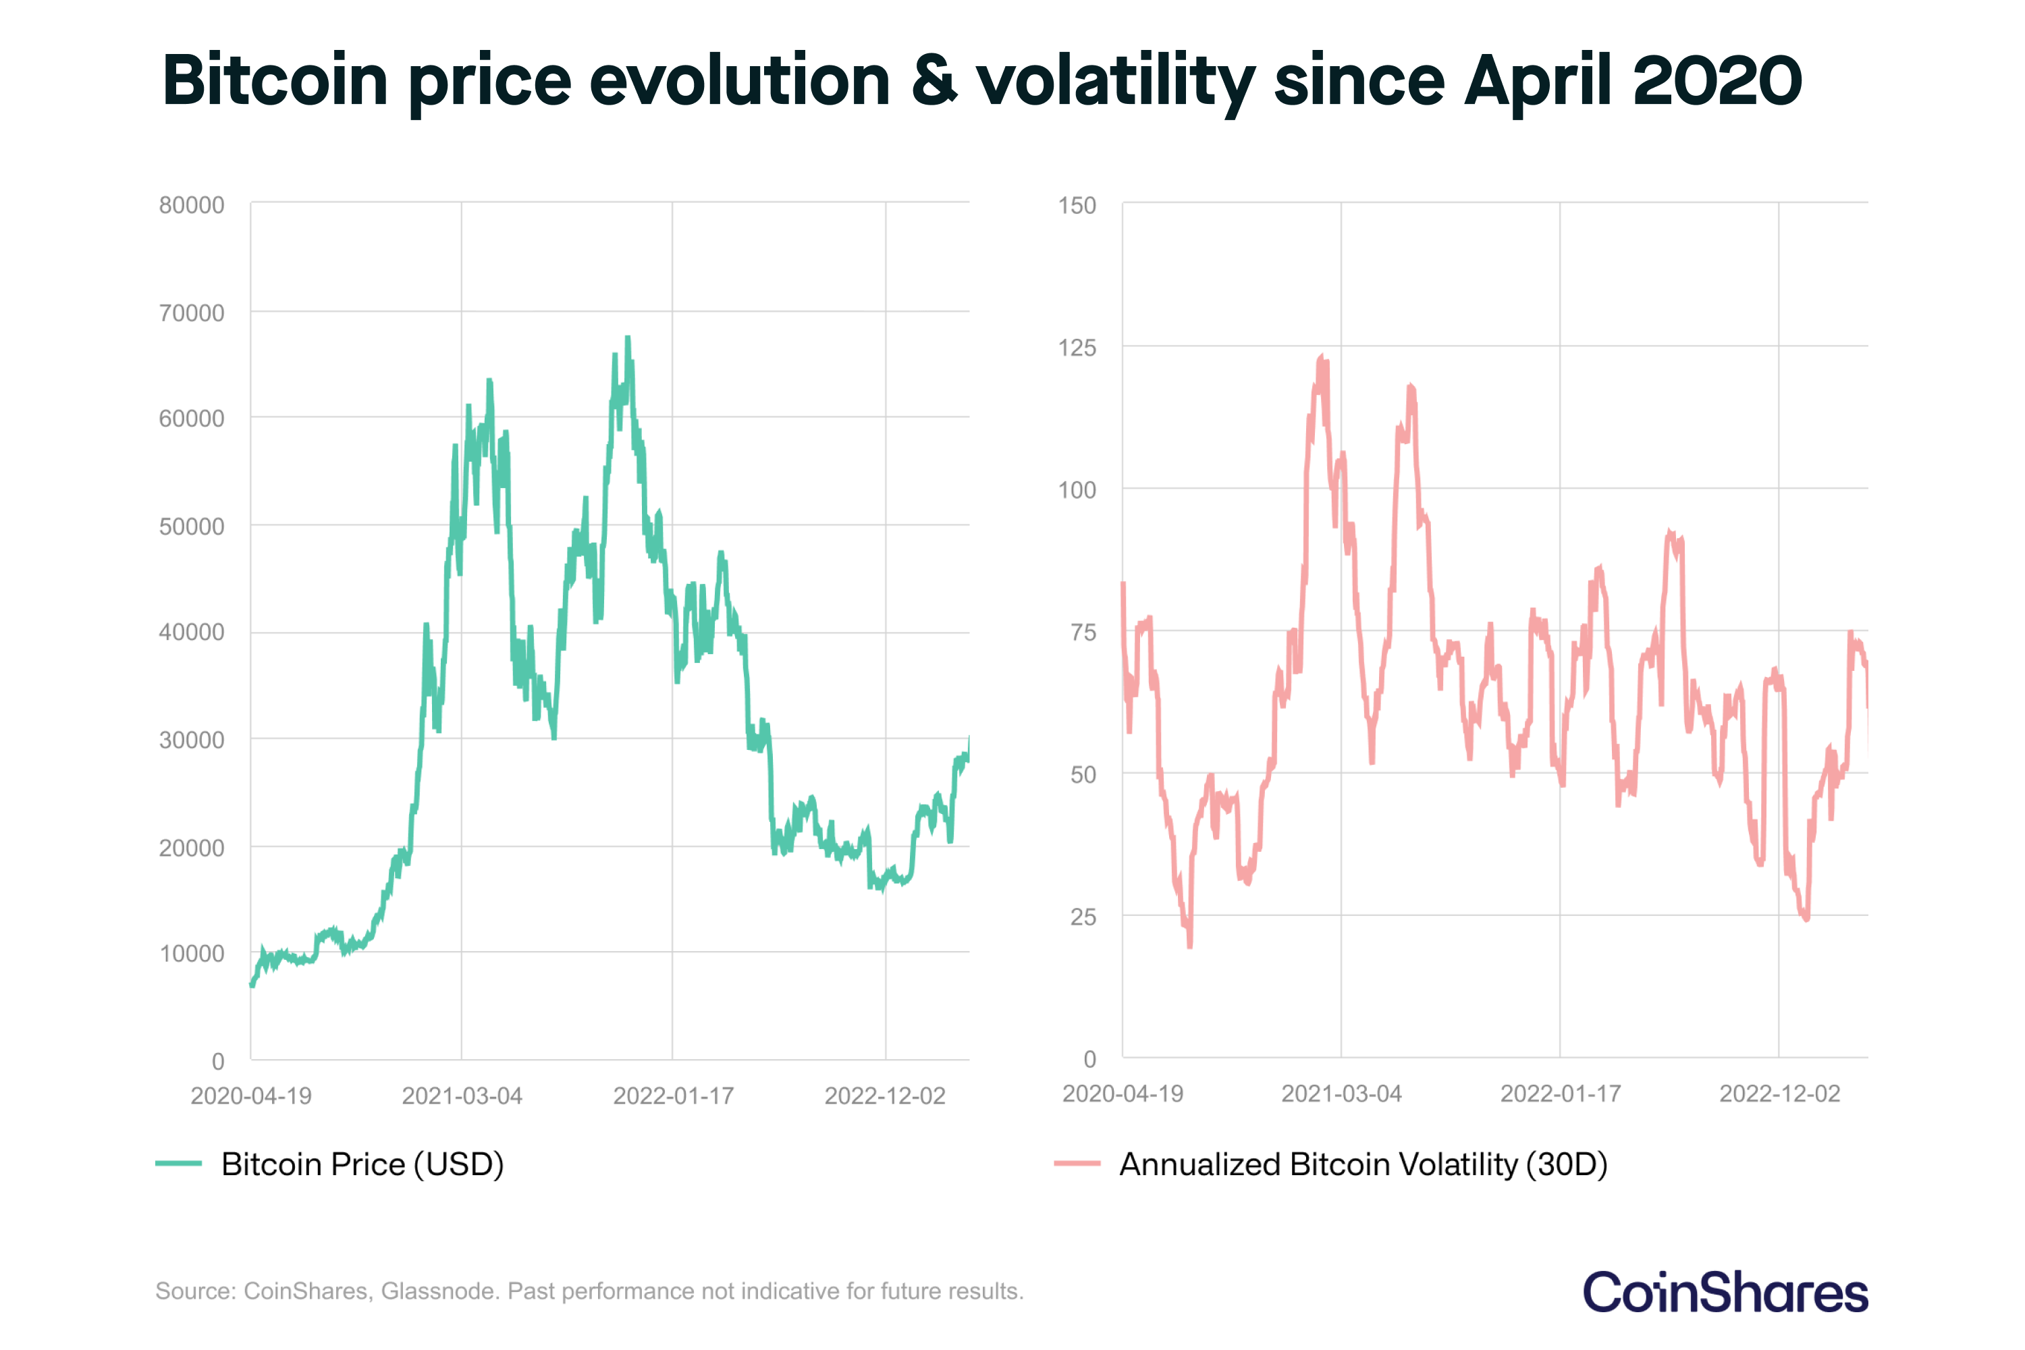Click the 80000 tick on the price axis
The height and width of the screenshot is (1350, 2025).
point(191,205)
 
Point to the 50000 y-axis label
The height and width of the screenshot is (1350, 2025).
point(191,526)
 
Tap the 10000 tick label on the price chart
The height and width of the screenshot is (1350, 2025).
point(191,953)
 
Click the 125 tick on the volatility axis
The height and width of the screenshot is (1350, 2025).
point(1077,348)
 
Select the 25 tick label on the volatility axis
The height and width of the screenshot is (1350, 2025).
point(1083,917)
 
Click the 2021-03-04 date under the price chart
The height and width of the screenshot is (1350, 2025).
point(462,1096)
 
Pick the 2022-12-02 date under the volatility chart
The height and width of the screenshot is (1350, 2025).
point(1779,1093)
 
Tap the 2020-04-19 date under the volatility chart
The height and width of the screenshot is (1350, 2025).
point(1123,1093)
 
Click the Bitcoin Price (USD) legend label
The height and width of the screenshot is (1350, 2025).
point(362,1164)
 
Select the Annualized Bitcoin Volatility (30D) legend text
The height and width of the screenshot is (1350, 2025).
point(1363,1164)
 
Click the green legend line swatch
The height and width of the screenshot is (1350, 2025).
point(178,1163)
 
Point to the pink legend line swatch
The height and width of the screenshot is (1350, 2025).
point(1077,1163)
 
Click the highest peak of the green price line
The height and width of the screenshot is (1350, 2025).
point(628,337)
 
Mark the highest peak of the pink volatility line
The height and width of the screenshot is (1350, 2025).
point(1322,356)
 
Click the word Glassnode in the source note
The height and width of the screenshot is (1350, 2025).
point(439,1291)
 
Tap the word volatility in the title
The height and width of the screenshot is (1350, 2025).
point(1115,80)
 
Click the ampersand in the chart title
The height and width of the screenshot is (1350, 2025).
point(934,80)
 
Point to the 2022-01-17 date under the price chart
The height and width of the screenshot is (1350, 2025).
point(673,1096)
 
